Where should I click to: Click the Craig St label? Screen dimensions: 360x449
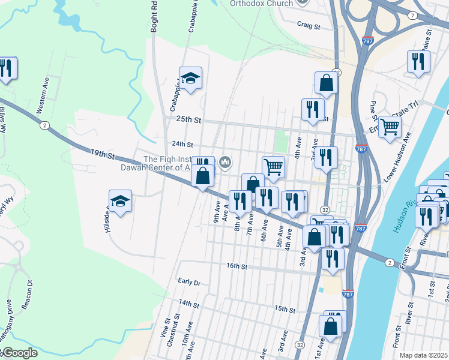[x=309, y=26]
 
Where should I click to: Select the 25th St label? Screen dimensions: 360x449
[x=187, y=120]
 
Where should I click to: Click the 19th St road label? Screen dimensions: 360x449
[x=103, y=155]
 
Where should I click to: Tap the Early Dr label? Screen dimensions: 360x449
[x=189, y=281]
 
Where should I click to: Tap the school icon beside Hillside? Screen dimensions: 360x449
[x=120, y=202]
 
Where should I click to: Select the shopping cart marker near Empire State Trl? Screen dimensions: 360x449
[x=390, y=127]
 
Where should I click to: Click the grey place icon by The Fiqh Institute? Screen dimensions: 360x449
[x=226, y=161]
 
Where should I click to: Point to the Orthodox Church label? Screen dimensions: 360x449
[x=261, y=3]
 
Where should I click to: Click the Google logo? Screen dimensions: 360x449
[x=19, y=353]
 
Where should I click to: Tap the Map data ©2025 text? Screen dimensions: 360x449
[x=423, y=355]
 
